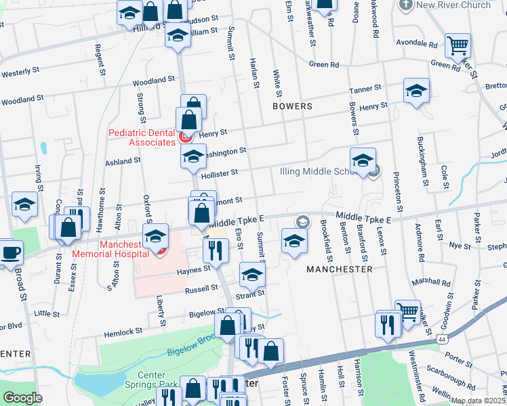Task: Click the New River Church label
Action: tap(453, 5)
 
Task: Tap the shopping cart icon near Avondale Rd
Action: tap(458, 45)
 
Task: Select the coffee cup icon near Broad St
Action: tap(9, 252)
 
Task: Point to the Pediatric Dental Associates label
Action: tap(142, 138)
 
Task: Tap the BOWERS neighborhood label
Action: tap(292, 106)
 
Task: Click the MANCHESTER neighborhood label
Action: tap(339, 269)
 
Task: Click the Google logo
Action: tap(22, 398)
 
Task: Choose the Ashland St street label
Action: tap(122, 162)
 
